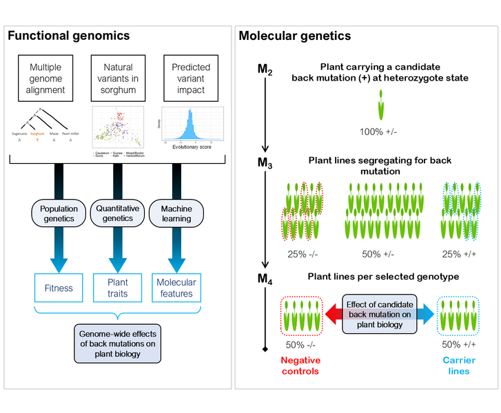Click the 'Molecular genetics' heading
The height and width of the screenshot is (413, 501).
294,36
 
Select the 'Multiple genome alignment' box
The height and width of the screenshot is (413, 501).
45,78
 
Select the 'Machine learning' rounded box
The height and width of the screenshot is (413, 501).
176,214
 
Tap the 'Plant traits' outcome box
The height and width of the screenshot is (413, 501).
117,287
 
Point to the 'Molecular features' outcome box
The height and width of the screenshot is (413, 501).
176,287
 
